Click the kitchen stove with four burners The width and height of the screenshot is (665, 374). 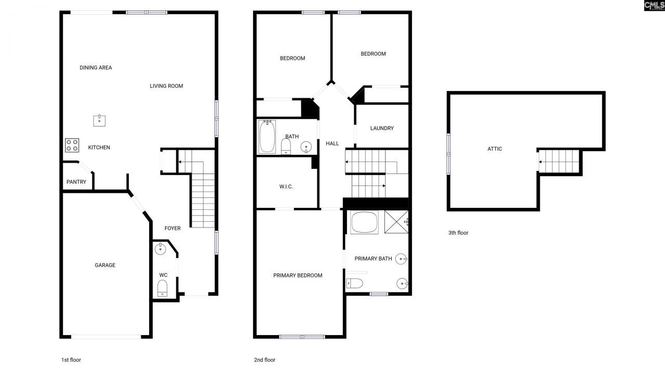pyautogui.click(x=72, y=145)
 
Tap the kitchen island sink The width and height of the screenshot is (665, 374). pyautogui.click(x=100, y=121)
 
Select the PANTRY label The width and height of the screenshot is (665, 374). pyautogui.click(x=76, y=182)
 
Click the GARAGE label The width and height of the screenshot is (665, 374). pyautogui.click(x=105, y=265)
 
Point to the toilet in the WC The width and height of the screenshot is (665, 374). pyautogui.click(x=162, y=287)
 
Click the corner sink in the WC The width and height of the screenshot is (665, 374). pyautogui.click(x=160, y=249)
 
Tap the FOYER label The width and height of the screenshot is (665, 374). pyautogui.click(x=172, y=229)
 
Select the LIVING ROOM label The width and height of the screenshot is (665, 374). pyautogui.click(x=166, y=86)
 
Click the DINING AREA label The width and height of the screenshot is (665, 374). pyautogui.click(x=96, y=68)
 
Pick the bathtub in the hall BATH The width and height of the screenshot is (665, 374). pyautogui.click(x=268, y=137)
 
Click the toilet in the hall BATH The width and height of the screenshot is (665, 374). pyautogui.click(x=286, y=146)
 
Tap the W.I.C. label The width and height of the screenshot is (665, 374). pyautogui.click(x=286, y=186)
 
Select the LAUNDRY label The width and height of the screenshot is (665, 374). pyautogui.click(x=382, y=128)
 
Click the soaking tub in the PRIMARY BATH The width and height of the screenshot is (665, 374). pyautogui.click(x=365, y=222)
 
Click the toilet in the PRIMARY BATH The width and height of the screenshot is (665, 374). pyautogui.click(x=355, y=283)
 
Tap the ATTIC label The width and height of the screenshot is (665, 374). pyautogui.click(x=495, y=149)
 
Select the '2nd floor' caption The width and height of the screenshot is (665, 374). pyautogui.click(x=264, y=360)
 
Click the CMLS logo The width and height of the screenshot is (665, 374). pyautogui.click(x=654, y=6)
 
